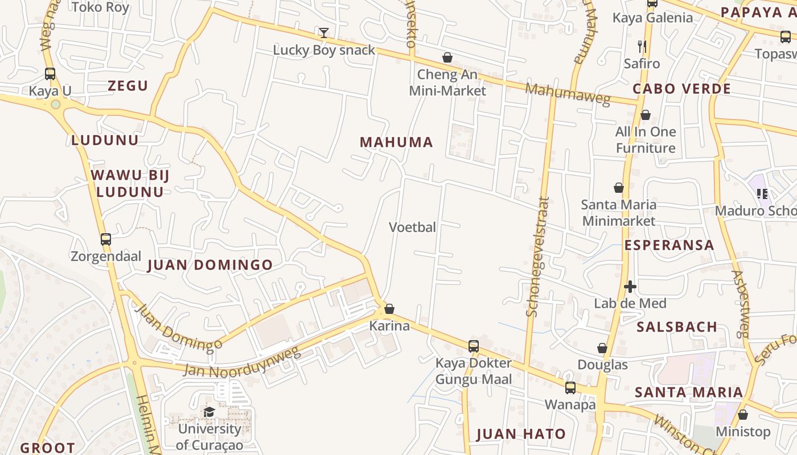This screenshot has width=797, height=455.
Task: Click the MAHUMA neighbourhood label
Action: pos(396,142)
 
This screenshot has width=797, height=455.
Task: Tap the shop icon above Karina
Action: pos(389,309)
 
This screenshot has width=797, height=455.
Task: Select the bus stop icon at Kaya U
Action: pos(50,73)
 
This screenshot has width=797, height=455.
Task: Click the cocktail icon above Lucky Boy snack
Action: pos(324,33)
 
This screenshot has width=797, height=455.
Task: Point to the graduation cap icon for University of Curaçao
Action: pos(209,412)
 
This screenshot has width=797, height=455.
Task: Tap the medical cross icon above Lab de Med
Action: pos(630,286)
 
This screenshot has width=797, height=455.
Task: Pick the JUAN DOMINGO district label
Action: pos(210,265)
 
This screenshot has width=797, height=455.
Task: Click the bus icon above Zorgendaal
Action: pos(106,239)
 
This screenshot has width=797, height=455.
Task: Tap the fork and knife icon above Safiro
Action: pos(642,46)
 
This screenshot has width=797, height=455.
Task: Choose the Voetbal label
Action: pos(412,227)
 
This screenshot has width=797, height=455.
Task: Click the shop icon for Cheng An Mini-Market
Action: pos(447,57)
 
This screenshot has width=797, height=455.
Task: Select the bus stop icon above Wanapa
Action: pos(570,387)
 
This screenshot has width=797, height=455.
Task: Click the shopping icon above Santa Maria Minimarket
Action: pos(619,188)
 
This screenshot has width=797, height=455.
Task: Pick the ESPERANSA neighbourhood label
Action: pos(669,245)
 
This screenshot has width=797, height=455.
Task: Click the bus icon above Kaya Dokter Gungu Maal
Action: pos(473,346)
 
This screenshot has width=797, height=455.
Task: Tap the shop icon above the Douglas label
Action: pos(602,348)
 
